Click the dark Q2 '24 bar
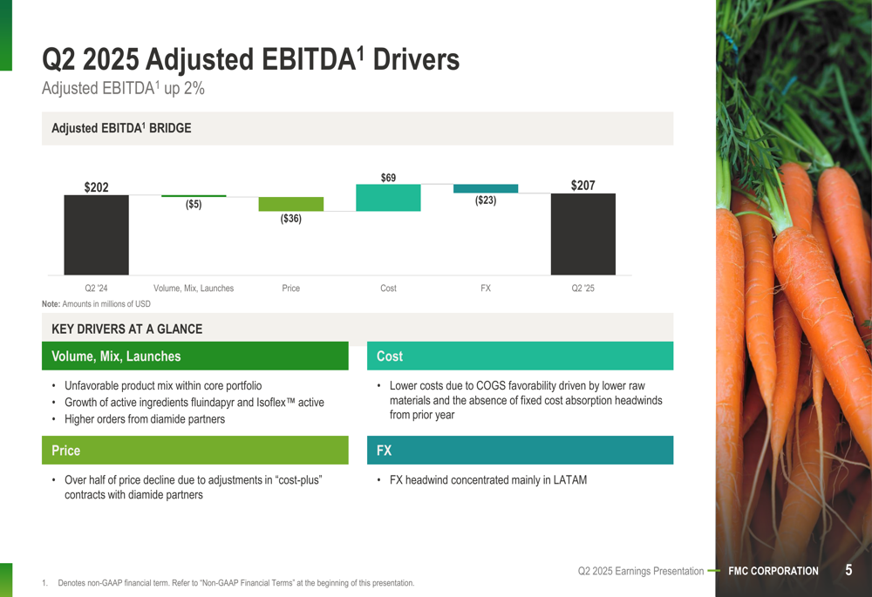pyautogui.click(x=96, y=234)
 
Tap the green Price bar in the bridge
pyautogui.click(x=290, y=204)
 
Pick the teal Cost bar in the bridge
pyautogui.click(x=388, y=198)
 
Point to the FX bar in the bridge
pyautogui.click(x=486, y=188)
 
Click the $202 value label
pyautogui.click(x=96, y=187)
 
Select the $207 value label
pyautogui.click(x=582, y=186)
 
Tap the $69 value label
pyautogui.click(x=388, y=178)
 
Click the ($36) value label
pyautogui.click(x=290, y=219)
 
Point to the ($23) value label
pyautogui.click(x=486, y=200)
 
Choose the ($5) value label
pyautogui.click(x=194, y=205)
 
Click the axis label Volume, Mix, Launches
pyautogui.click(x=194, y=288)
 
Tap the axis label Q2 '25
pyautogui.click(x=582, y=288)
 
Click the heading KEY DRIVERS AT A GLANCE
pyautogui.click(x=127, y=329)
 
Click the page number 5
pyautogui.click(x=848, y=570)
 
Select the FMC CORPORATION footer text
pyautogui.click(x=773, y=571)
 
